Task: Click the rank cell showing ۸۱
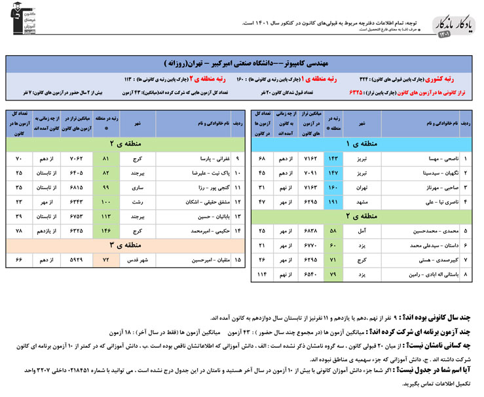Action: pyautogui.click(x=106, y=158)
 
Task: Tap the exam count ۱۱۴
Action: pyautogui.click(x=262, y=274)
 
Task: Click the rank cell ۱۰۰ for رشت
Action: pyautogui.click(x=106, y=201)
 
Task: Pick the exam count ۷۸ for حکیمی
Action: pyautogui.click(x=19, y=230)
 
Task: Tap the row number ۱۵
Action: pyautogui.click(x=237, y=260)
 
